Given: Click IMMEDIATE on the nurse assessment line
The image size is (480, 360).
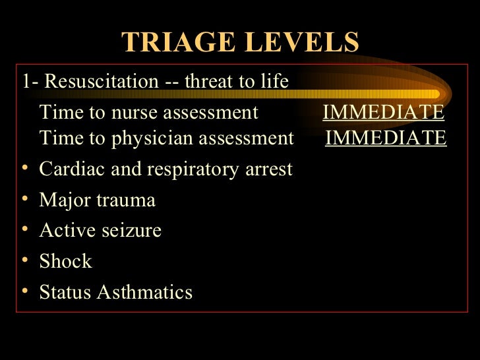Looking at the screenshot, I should [x=383, y=113].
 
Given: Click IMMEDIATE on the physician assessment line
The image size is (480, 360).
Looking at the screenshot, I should [x=386, y=138].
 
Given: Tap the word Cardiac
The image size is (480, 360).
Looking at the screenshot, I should [x=66, y=169].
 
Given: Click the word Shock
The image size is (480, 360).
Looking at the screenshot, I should [x=66, y=261].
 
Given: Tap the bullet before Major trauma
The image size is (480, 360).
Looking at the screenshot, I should [x=24, y=200].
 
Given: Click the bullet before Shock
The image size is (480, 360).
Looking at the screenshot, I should [x=24, y=262].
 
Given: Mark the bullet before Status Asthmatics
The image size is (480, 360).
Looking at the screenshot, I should [x=24, y=292].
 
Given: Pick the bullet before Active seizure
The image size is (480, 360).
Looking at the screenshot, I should [x=24, y=231].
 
